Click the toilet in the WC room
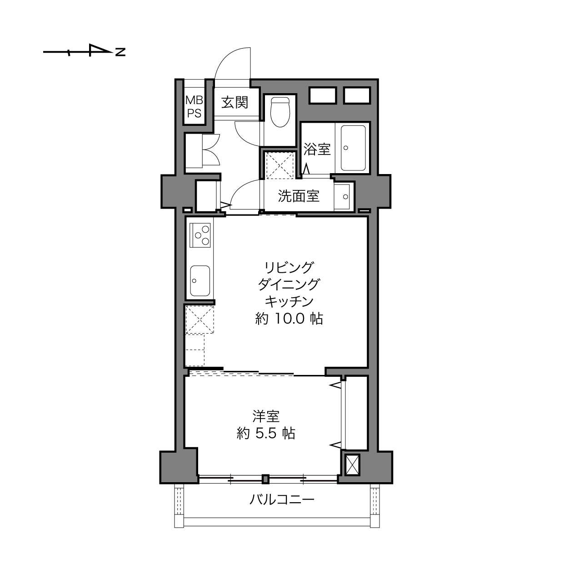click(x=280, y=112)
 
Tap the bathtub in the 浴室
click(x=353, y=148)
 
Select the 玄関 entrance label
click(x=235, y=102)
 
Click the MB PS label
click(x=194, y=107)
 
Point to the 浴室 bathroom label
click(x=317, y=149)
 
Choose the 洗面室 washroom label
click(x=299, y=196)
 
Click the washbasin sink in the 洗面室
click(x=342, y=196)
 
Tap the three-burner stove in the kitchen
click(x=200, y=235)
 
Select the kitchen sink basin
click(x=200, y=281)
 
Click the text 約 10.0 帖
click(x=289, y=319)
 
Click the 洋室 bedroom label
click(x=266, y=416)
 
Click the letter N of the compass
click(x=120, y=52)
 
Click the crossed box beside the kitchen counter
click(x=200, y=320)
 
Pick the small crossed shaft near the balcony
click(x=353, y=465)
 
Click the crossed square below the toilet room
click(x=280, y=165)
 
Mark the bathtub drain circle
click(x=346, y=148)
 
